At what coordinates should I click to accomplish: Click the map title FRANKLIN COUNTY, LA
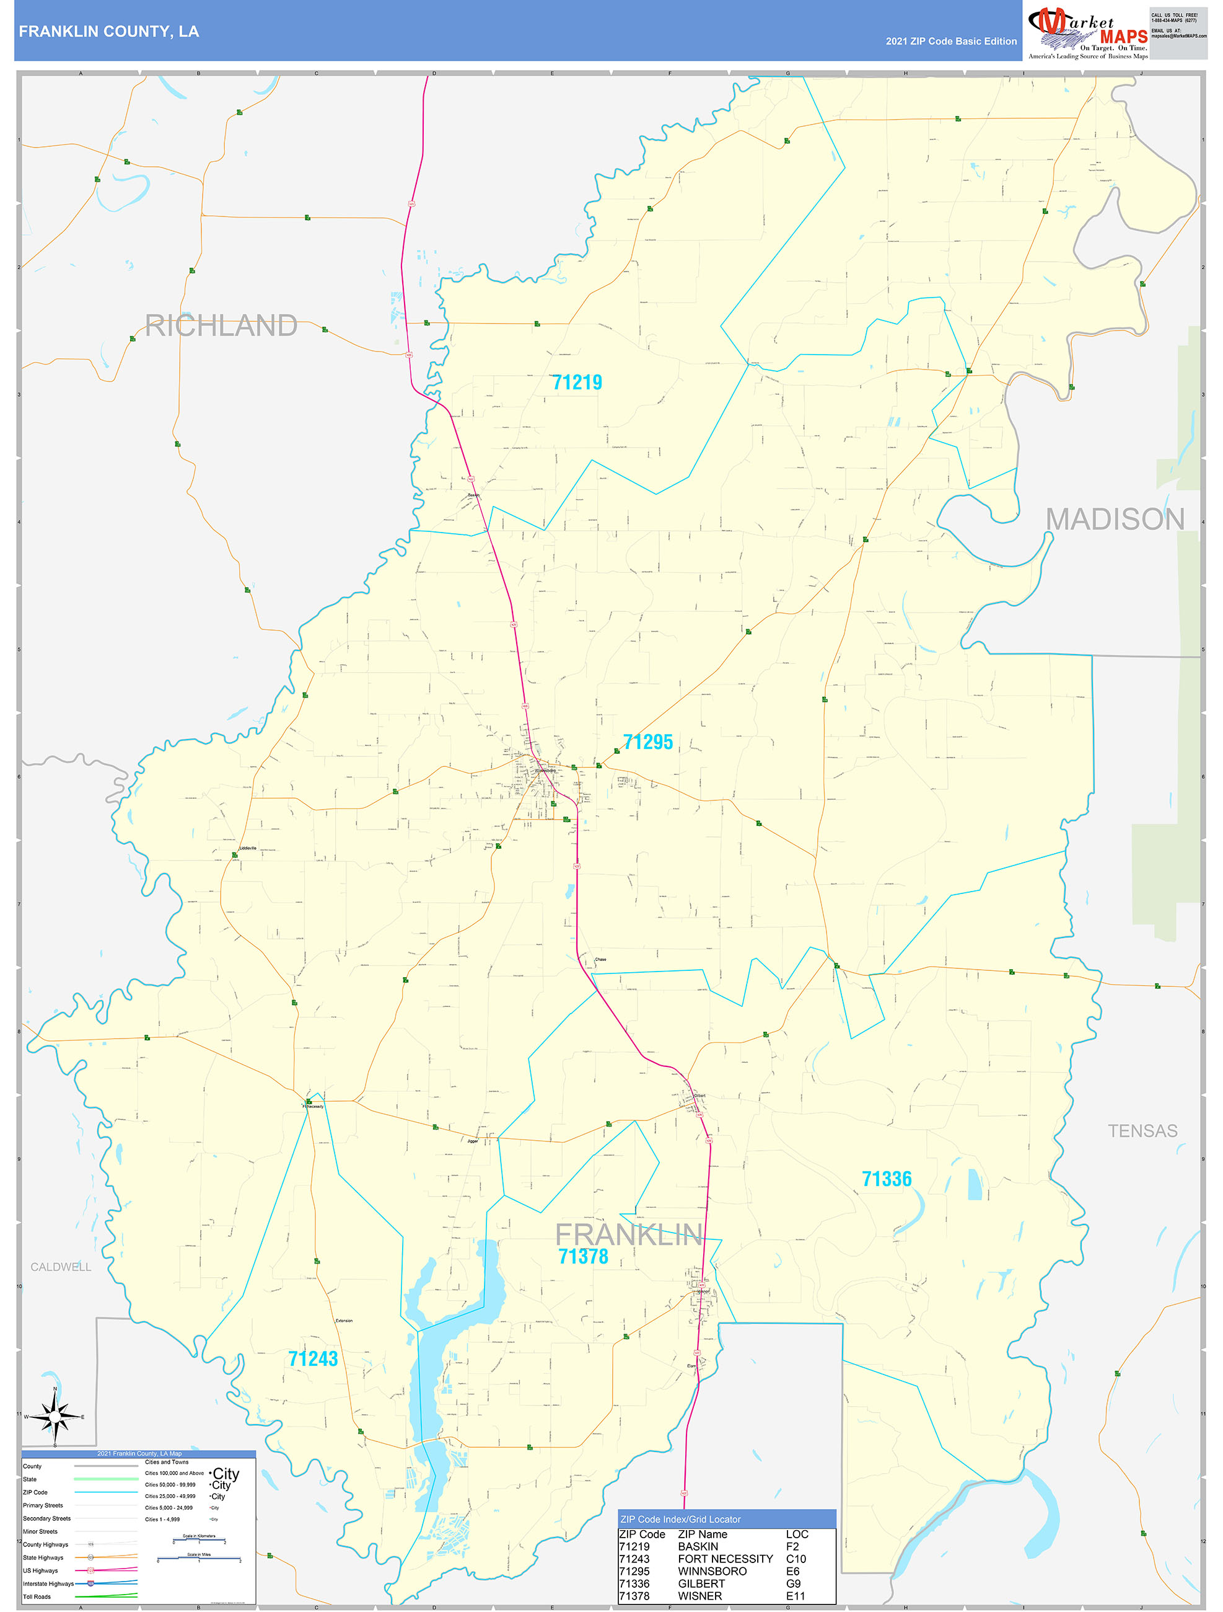tap(108, 32)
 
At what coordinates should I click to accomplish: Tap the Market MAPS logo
tap(1087, 33)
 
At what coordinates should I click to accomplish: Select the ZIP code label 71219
tap(577, 383)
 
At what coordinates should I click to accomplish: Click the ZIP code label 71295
tap(647, 742)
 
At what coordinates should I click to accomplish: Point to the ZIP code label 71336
tap(887, 1179)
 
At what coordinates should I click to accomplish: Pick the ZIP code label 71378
tap(583, 1256)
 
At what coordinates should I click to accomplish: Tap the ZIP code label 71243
tap(313, 1358)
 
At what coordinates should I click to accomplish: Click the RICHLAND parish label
tap(221, 325)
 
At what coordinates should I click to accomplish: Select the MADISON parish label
tap(1115, 520)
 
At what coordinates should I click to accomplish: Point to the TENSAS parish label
tap(1142, 1131)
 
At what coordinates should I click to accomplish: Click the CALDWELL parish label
tap(61, 1267)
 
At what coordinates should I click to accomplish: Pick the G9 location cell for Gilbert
tap(793, 1583)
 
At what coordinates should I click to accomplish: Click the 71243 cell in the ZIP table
tap(634, 1559)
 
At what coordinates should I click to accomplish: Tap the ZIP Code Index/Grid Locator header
tap(680, 1520)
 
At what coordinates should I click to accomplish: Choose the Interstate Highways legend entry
tap(48, 1583)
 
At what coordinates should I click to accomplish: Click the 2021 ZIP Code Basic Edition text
tap(950, 42)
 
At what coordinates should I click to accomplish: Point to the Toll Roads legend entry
tap(37, 1596)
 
